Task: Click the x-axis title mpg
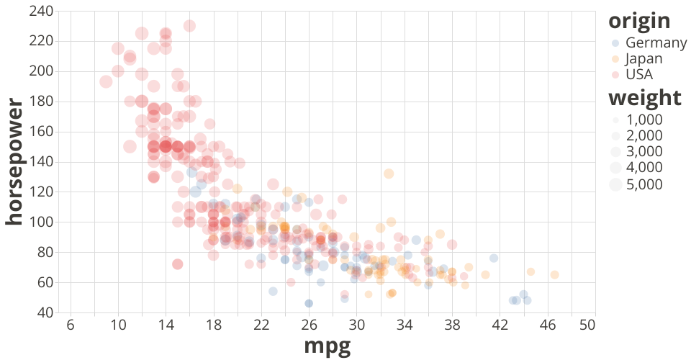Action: [x=327, y=346]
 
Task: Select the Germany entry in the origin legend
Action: [x=644, y=43]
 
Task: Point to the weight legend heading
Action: [x=644, y=97]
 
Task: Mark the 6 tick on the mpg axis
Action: [x=71, y=325]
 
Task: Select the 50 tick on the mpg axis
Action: [x=587, y=325]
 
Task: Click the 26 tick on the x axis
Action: [x=309, y=325]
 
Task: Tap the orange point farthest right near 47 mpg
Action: [x=554, y=274]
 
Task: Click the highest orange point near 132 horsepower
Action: [x=389, y=174]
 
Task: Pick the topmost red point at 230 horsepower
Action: [x=189, y=26]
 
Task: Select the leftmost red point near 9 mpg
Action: [x=106, y=81]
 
